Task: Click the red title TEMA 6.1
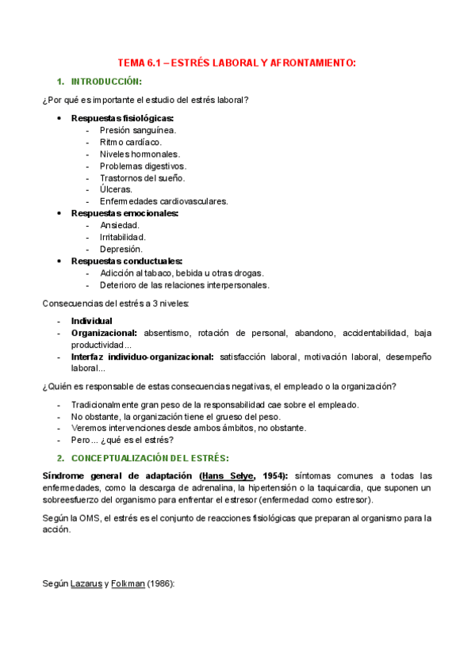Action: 237,63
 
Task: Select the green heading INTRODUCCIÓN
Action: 106,82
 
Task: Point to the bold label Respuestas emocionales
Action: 124,213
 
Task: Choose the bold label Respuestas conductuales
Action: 127,261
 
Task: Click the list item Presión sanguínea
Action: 138,130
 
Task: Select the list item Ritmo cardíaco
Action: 130,142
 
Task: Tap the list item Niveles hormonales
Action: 140,154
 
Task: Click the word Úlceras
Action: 116,189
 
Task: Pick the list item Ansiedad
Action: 120,225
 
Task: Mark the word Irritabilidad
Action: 123,237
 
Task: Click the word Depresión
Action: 121,249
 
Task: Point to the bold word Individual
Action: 92,321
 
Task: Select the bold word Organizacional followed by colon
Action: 104,333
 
